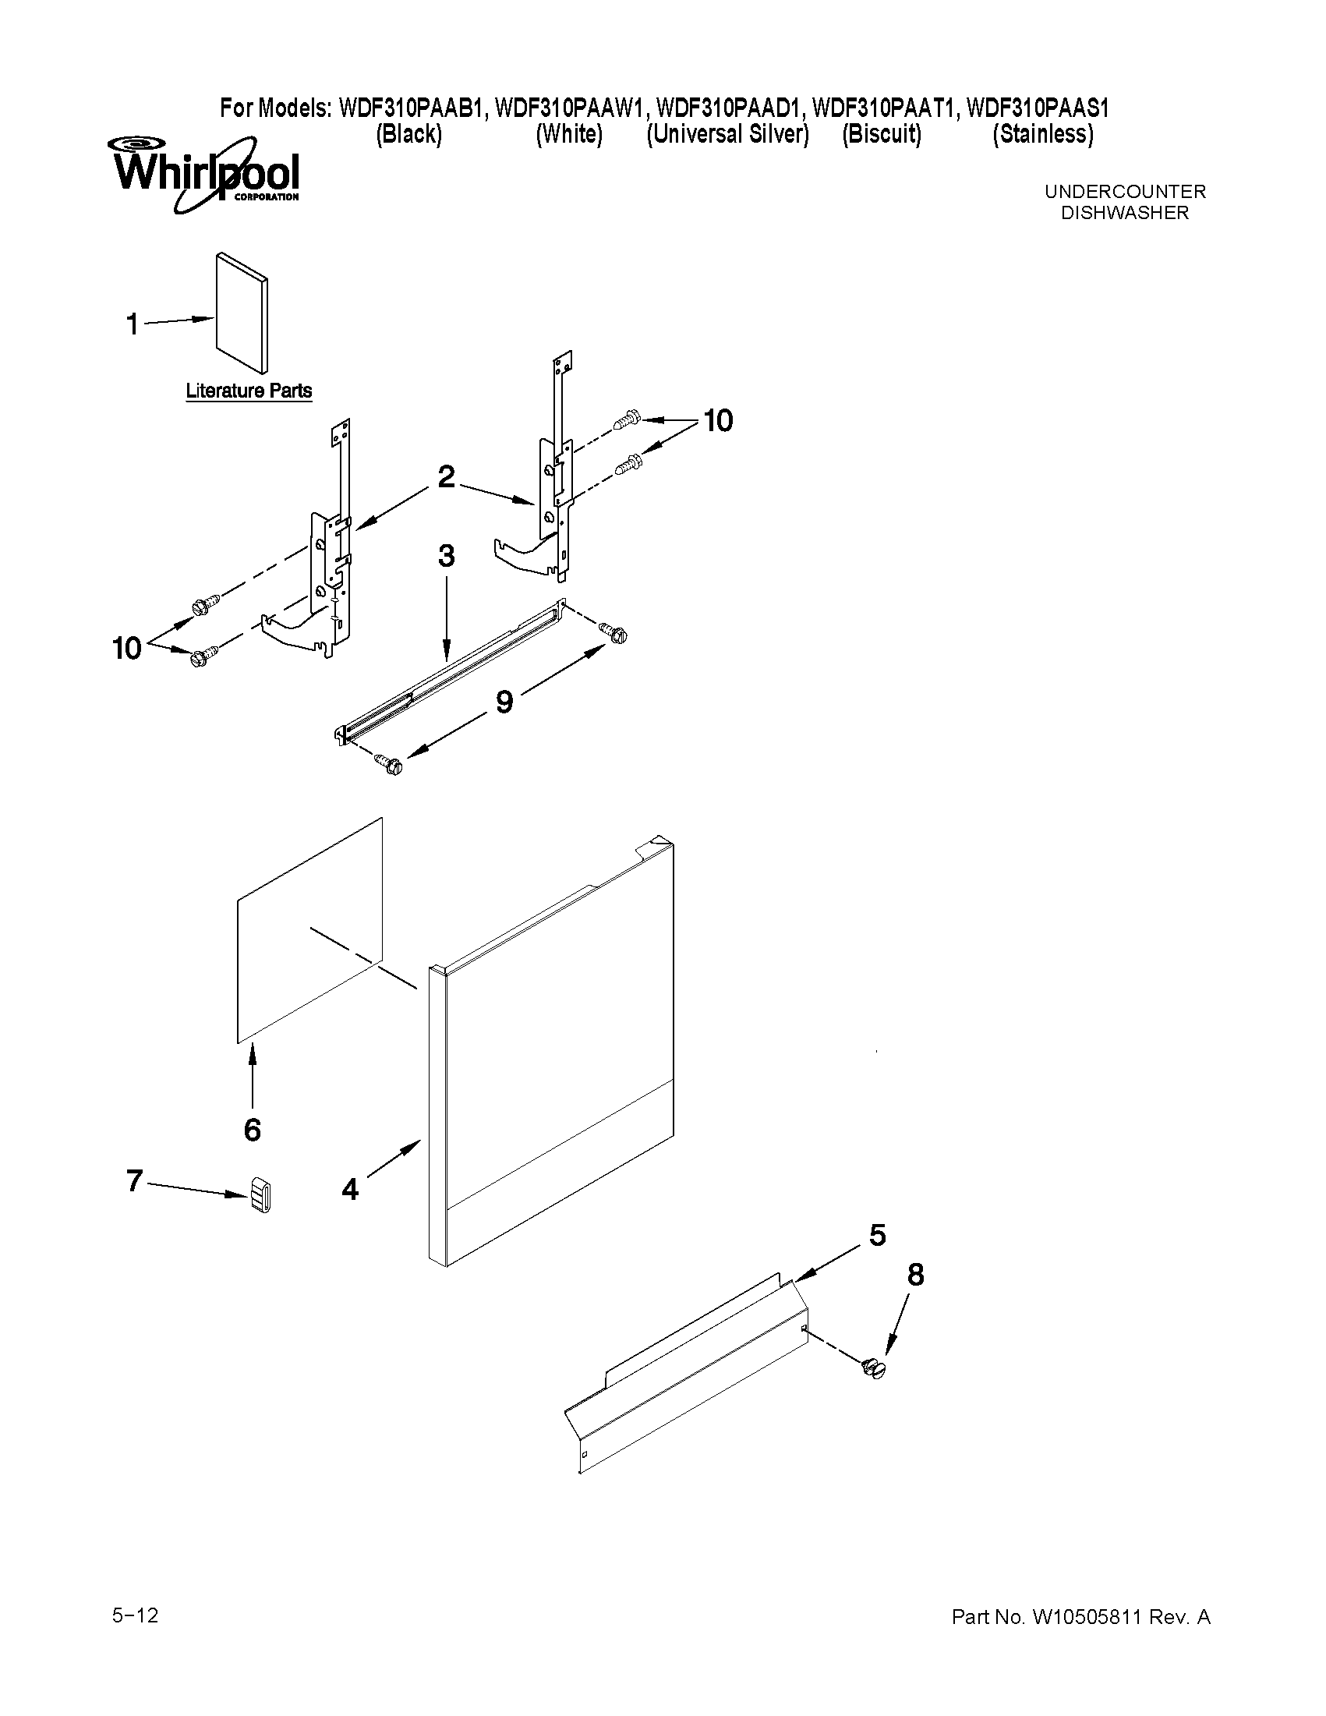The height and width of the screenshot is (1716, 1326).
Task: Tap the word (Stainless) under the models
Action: [x=1042, y=134]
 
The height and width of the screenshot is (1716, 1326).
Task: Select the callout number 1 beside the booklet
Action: [x=133, y=324]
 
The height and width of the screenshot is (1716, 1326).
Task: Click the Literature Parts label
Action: [x=248, y=391]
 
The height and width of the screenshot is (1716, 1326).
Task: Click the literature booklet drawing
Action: [x=242, y=312]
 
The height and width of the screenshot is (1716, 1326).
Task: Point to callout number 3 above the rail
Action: [x=446, y=557]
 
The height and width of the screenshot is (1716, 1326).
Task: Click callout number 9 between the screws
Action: [x=504, y=702]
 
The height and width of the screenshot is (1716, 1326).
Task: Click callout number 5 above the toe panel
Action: [x=878, y=1236]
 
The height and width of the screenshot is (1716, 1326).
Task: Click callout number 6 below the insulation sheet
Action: [x=252, y=1130]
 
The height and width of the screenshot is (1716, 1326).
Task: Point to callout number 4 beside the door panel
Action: [x=350, y=1190]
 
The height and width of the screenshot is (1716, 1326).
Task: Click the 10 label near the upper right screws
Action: [x=718, y=421]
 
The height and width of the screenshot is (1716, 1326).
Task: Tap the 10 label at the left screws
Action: [x=127, y=649]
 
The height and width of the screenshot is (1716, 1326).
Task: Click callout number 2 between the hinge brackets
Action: [x=446, y=477]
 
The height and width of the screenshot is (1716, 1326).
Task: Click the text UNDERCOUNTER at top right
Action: [x=1124, y=192]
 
